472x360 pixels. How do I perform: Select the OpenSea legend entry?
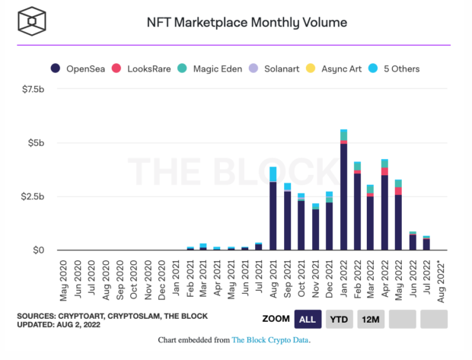click(x=82, y=68)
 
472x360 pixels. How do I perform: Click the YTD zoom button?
click(x=338, y=318)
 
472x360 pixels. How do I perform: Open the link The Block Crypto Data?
click(x=270, y=340)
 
